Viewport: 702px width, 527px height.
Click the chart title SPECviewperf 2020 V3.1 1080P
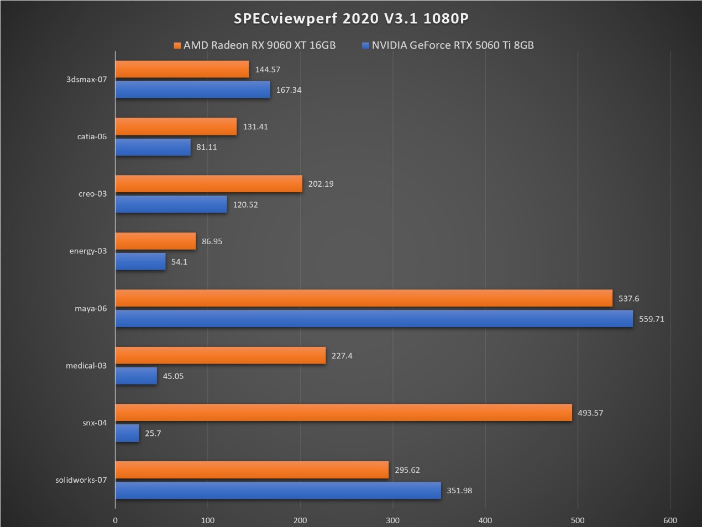pos(351,18)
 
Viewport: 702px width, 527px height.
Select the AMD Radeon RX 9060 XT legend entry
pos(255,45)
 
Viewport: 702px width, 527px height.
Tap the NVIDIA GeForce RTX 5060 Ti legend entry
pos(448,45)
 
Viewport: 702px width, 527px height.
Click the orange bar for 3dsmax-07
pos(182,69)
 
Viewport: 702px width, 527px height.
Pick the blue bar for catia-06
pos(153,147)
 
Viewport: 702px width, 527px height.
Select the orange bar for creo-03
pos(209,184)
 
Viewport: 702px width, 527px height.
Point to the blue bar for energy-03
pos(140,262)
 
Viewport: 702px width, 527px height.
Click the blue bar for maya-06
pos(374,319)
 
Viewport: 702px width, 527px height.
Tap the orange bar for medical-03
pos(221,356)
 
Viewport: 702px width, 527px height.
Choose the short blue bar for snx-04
pos(127,433)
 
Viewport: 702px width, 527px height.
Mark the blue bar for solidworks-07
pos(278,491)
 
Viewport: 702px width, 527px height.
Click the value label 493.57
pos(590,413)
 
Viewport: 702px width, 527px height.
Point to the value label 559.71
pos(652,319)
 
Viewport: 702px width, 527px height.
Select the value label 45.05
pos(173,376)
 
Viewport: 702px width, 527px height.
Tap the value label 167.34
pos(289,90)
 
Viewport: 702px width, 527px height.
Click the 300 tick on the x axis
pos(392,520)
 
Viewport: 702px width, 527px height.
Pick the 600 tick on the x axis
pos(670,520)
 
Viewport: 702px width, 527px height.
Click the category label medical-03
pos(86,366)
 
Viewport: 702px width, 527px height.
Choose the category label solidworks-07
pos(81,480)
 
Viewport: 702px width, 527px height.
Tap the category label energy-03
pos(88,251)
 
